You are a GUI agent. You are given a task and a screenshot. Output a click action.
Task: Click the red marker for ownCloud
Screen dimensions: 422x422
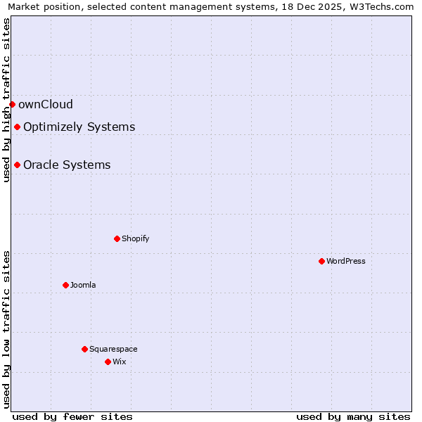[x=12, y=104]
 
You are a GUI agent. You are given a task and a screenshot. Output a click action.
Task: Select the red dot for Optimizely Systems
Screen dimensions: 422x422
[x=17, y=127]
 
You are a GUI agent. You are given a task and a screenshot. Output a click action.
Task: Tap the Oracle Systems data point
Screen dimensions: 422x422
[x=17, y=165]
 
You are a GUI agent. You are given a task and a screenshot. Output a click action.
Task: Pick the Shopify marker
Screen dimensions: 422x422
[x=117, y=238]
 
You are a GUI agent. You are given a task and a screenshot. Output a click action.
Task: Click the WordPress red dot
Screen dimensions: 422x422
[x=321, y=261]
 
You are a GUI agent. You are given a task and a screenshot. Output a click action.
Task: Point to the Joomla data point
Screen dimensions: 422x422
[x=65, y=285]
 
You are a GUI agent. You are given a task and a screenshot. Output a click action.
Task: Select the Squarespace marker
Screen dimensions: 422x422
[x=84, y=349]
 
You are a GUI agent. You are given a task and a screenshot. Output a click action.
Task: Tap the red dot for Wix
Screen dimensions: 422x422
[x=108, y=362]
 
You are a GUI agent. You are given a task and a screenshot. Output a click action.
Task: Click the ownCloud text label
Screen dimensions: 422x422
[x=46, y=105]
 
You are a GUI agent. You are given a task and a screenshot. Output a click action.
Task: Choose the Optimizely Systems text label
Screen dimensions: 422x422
[x=79, y=127]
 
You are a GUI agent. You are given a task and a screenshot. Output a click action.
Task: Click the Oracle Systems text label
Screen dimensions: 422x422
[x=67, y=165]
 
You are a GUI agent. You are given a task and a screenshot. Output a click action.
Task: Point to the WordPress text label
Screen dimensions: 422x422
[x=346, y=261]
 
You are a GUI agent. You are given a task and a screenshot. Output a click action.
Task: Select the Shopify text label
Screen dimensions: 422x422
[x=135, y=238]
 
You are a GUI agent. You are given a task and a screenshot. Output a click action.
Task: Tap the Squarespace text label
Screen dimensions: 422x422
[x=113, y=349]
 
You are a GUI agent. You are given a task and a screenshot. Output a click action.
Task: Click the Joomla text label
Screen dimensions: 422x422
[x=83, y=285]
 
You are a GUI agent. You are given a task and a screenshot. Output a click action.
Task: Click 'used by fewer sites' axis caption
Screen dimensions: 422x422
[x=72, y=416]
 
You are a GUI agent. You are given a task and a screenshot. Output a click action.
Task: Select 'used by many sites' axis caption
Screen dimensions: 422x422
[x=353, y=416]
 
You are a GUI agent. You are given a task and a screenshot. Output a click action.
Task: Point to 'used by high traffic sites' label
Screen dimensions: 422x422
[x=6, y=100]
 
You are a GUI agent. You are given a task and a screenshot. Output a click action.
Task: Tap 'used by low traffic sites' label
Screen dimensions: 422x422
[x=6, y=328]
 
